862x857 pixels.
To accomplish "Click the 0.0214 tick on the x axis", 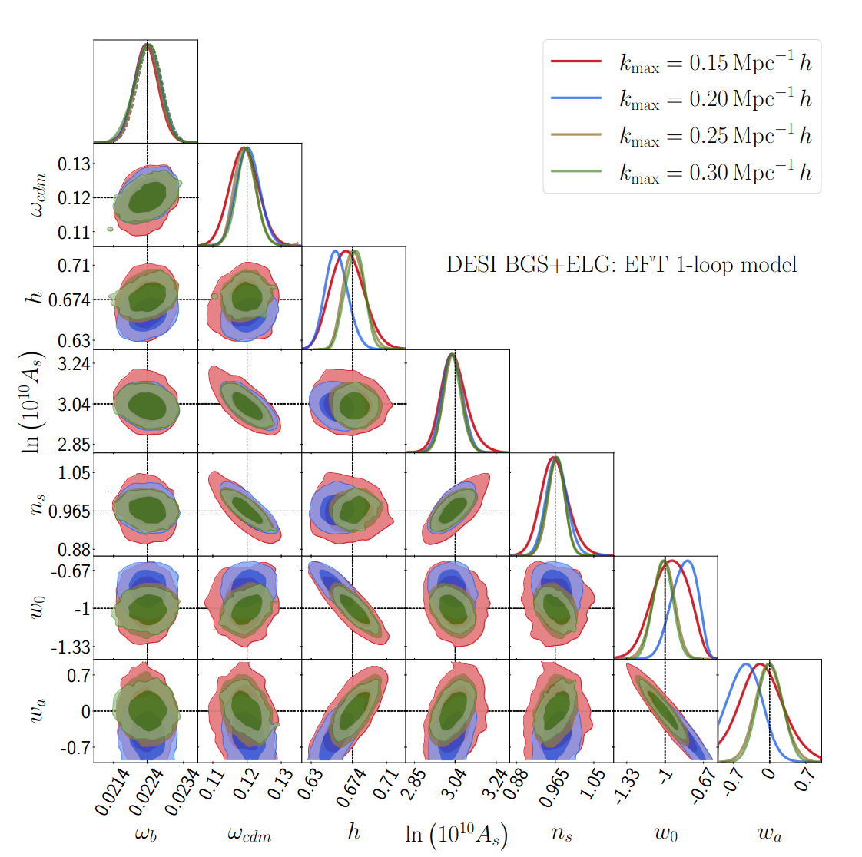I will [111, 791].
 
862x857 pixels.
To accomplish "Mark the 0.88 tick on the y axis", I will [75, 549].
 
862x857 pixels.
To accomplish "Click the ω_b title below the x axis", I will [146, 833].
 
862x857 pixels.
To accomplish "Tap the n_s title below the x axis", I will [562, 833].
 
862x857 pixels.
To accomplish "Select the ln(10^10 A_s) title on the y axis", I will [34, 402].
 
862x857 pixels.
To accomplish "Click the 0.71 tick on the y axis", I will [75, 266].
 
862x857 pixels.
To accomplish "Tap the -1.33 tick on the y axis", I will [71, 647].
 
